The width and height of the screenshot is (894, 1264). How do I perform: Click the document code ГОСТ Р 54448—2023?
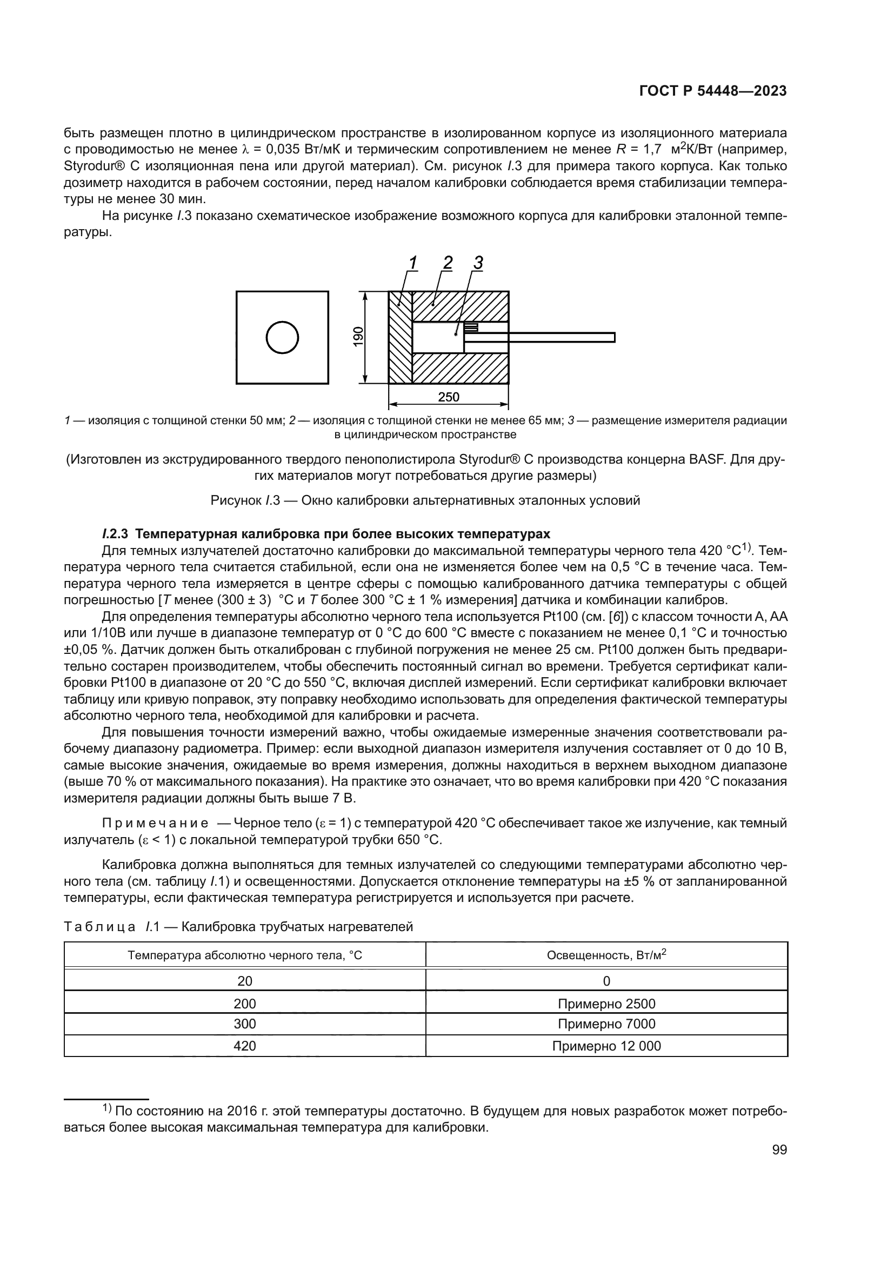tap(713, 91)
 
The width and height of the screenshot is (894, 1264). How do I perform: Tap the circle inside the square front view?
tap(282, 337)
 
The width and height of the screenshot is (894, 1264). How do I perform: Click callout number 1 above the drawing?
tap(413, 263)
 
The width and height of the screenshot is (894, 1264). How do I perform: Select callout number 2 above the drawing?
tap(448, 263)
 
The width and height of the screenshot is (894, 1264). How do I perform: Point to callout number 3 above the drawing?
tap(478, 263)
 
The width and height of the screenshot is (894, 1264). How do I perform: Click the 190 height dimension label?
tap(358, 337)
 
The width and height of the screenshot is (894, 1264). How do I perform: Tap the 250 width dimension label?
tap(449, 397)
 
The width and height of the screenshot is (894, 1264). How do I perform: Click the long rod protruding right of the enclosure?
tap(562, 337)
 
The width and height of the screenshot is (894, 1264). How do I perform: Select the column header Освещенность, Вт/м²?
tap(606, 954)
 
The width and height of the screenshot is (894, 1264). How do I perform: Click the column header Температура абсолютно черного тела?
tap(245, 955)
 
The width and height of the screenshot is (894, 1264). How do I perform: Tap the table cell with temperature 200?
tap(245, 1004)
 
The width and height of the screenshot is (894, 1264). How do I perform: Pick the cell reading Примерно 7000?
tap(606, 1024)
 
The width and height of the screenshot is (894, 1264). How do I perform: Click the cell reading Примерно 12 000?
tap(606, 1046)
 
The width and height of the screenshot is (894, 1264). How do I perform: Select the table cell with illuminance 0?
tap(606, 981)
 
